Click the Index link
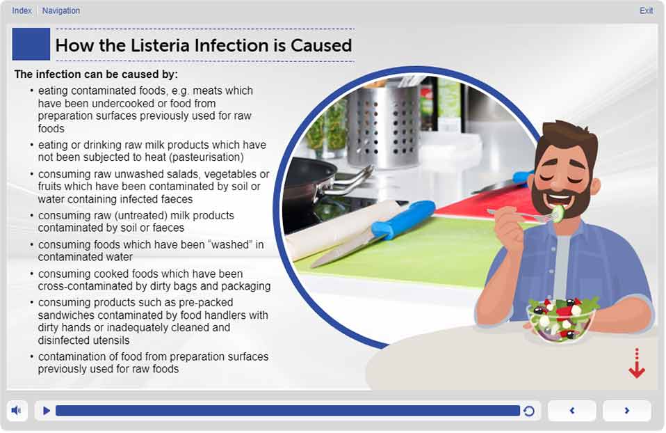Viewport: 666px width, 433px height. click(22, 10)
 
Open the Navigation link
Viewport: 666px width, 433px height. click(60, 10)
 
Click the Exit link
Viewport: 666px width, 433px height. click(646, 10)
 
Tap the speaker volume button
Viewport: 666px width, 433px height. click(17, 411)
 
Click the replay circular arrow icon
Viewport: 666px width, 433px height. click(529, 411)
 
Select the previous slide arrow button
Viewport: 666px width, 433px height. click(571, 411)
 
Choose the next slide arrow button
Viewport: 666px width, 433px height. click(627, 411)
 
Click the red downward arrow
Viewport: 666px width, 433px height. click(637, 363)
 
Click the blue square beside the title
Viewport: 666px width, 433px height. click(31, 45)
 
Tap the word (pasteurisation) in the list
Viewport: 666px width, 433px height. click(206, 157)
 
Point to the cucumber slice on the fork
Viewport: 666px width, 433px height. click(558, 211)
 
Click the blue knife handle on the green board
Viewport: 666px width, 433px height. click(403, 218)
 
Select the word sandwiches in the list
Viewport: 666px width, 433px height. click(66, 315)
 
